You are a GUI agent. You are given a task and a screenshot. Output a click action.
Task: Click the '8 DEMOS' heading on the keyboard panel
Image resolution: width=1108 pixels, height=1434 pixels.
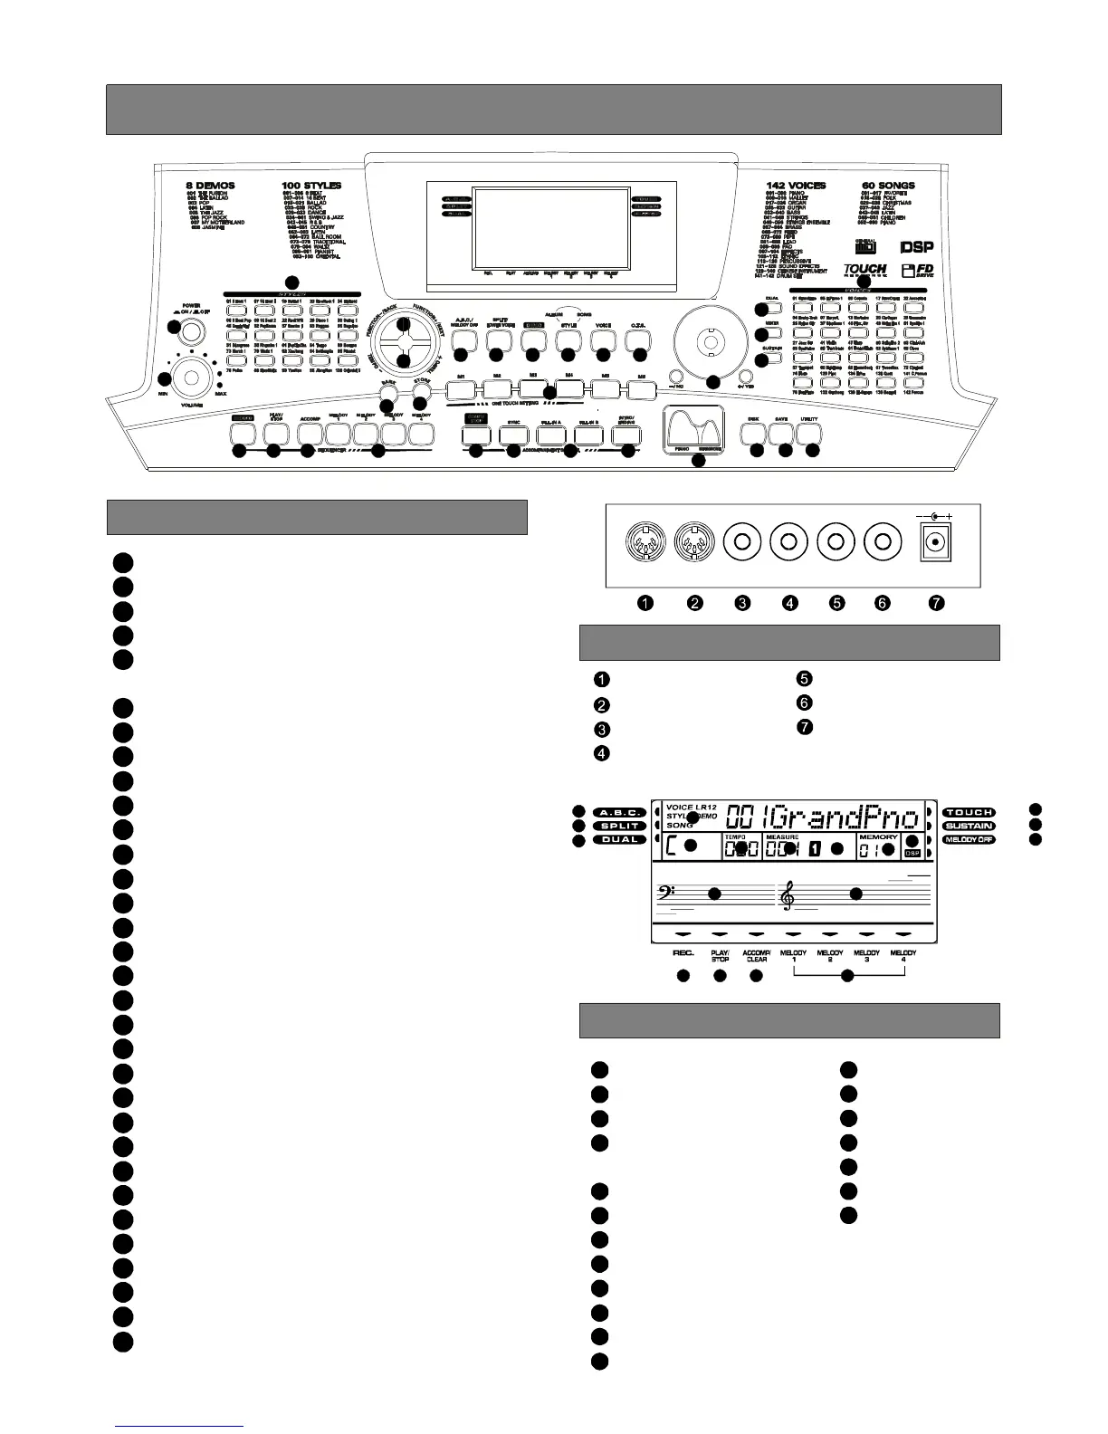210,186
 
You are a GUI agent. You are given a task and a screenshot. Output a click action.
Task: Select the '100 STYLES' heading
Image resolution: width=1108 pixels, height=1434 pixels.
311,186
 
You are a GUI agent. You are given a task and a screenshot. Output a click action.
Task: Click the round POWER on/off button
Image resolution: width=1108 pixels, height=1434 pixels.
190,332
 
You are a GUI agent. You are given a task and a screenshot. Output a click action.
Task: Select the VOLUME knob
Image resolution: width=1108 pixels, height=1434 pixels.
191,374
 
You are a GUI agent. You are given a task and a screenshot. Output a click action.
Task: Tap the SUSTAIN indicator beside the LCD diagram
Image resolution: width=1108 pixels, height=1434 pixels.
969,826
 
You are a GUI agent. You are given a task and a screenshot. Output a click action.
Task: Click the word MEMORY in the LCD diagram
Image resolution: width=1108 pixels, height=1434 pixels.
878,837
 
